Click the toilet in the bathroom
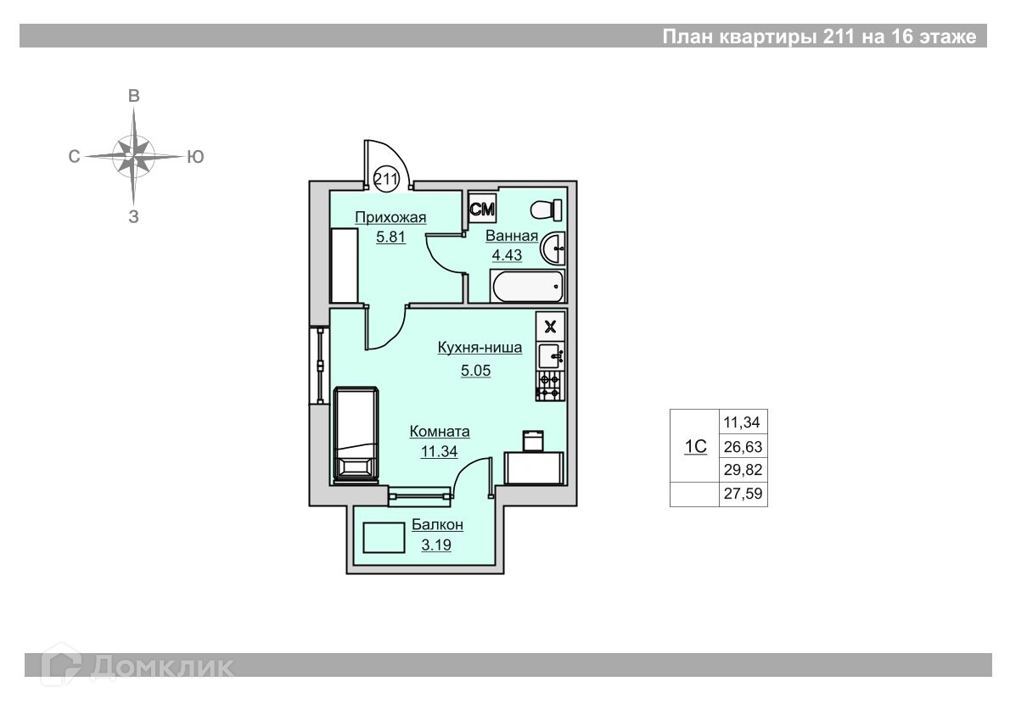point(547,209)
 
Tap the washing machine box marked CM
point(482,209)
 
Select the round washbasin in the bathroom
point(553,248)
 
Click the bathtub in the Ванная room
point(528,286)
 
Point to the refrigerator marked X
point(550,327)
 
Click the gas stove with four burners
point(549,386)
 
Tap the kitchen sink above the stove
point(551,355)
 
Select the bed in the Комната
point(355,434)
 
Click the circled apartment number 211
point(386,178)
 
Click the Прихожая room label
point(390,217)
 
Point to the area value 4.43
point(507,255)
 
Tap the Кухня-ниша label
point(480,348)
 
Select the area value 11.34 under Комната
point(440,452)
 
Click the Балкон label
point(437,525)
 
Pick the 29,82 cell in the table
point(743,470)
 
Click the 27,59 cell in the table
point(743,494)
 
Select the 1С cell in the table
point(695,446)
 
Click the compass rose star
point(134,156)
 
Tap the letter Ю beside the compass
point(195,156)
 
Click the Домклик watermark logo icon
point(61,664)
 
